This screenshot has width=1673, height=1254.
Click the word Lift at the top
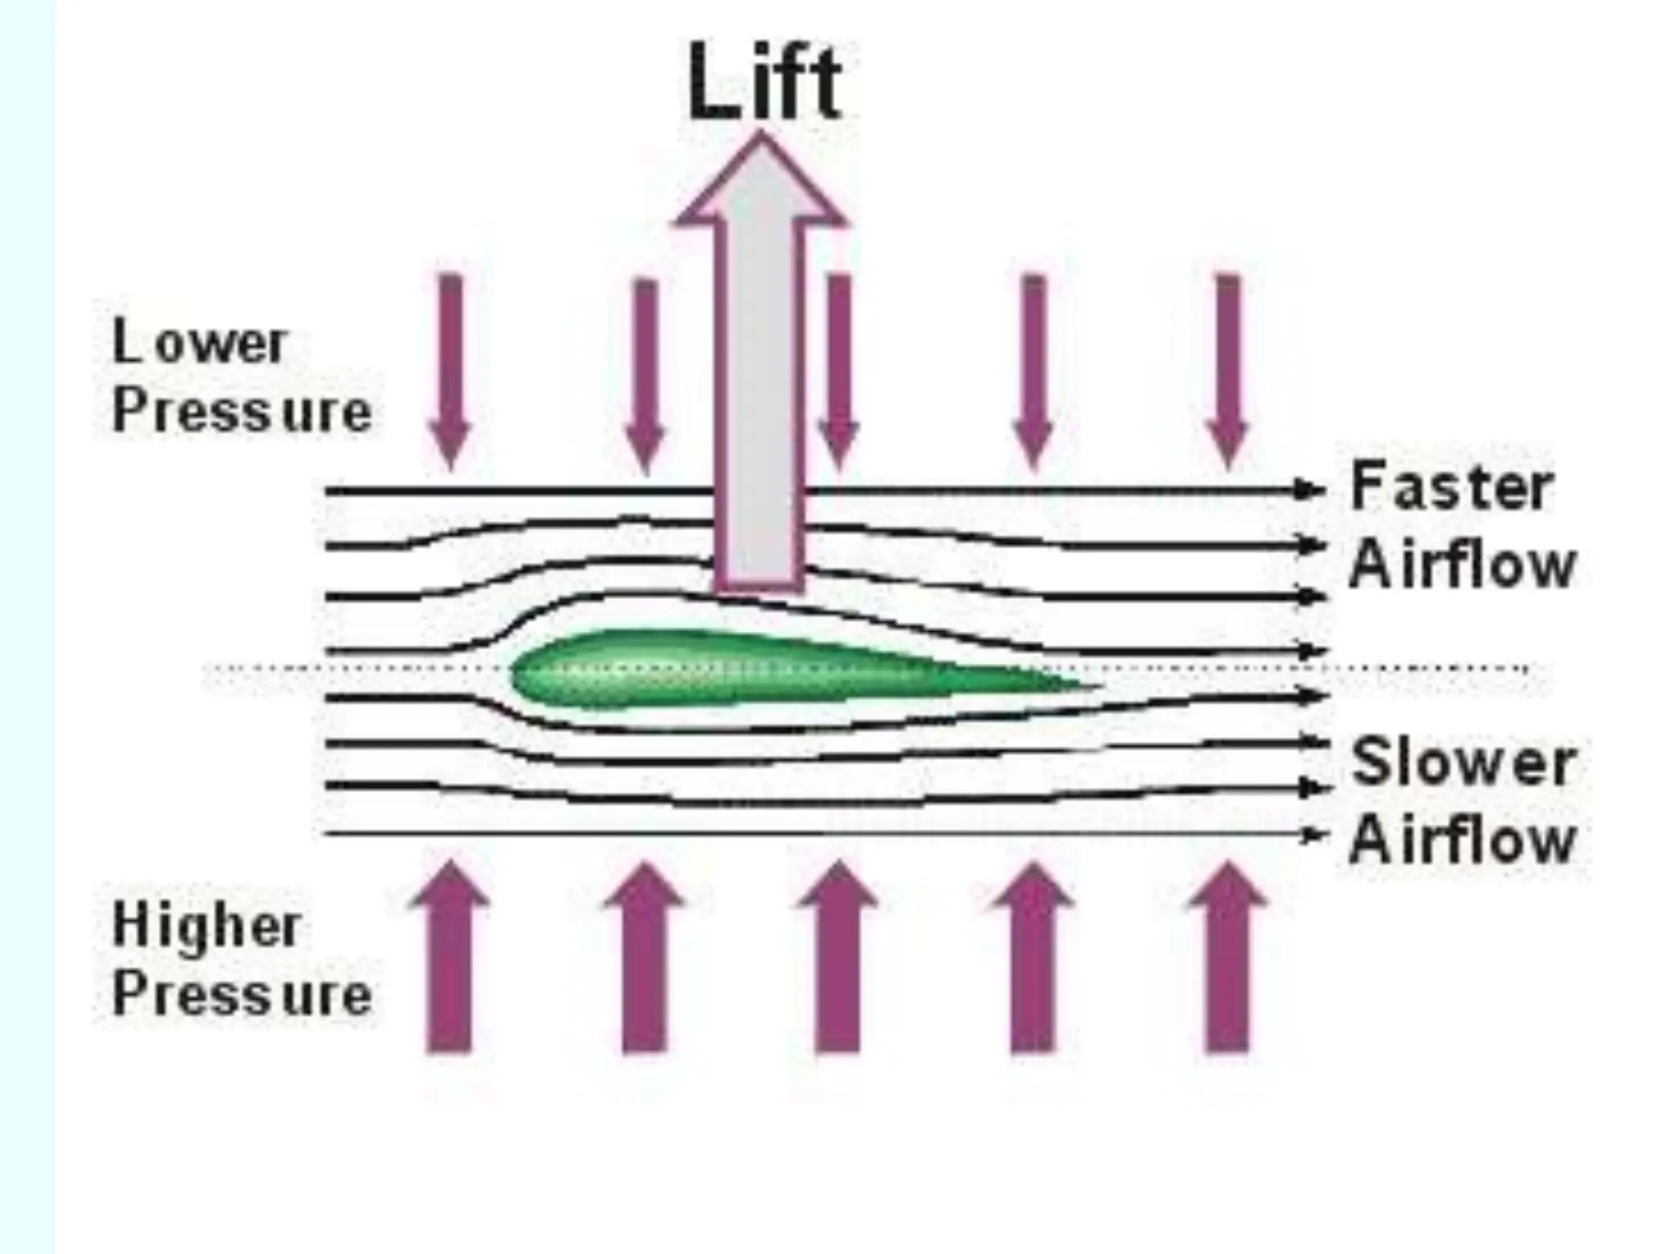pyautogui.click(x=764, y=82)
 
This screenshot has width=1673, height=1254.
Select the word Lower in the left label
pyautogui.click(x=199, y=343)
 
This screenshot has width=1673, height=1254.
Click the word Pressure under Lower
pyautogui.click(x=242, y=411)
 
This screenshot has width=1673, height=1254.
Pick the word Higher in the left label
pyautogui.click(x=207, y=927)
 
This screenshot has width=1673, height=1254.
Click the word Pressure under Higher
pyautogui.click(x=242, y=995)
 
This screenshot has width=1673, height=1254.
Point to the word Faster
pyautogui.click(x=1451, y=487)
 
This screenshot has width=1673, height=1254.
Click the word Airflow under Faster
pyautogui.click(x=1461, y=565)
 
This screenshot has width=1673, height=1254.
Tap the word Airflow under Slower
pyautogui.click(x=1461, y=840)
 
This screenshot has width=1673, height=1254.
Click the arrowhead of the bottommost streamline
pyautogui.click(x=1312, y=834)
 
